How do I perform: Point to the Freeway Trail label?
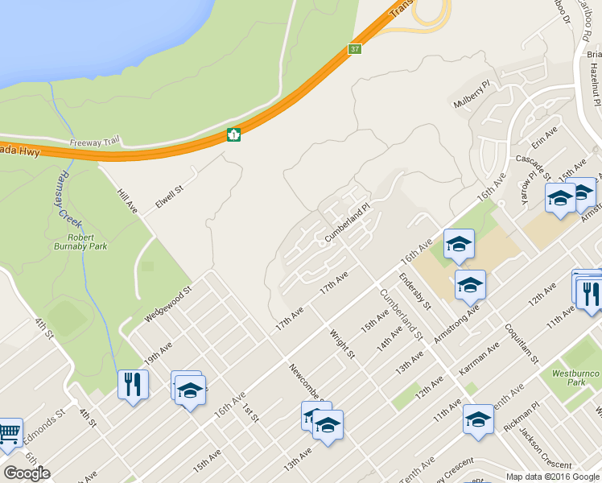coord(95,142)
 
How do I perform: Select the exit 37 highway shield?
coord(355,49)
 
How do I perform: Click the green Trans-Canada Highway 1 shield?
coord(233,135)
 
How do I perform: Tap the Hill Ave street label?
coord(128,200)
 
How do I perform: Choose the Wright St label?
coord(342,341)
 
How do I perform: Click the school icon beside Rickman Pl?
coord(478,420)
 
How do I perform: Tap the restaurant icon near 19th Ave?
coord(133,384)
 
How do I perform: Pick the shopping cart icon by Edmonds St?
coord(9,434)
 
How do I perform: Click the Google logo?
coord(27,473)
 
